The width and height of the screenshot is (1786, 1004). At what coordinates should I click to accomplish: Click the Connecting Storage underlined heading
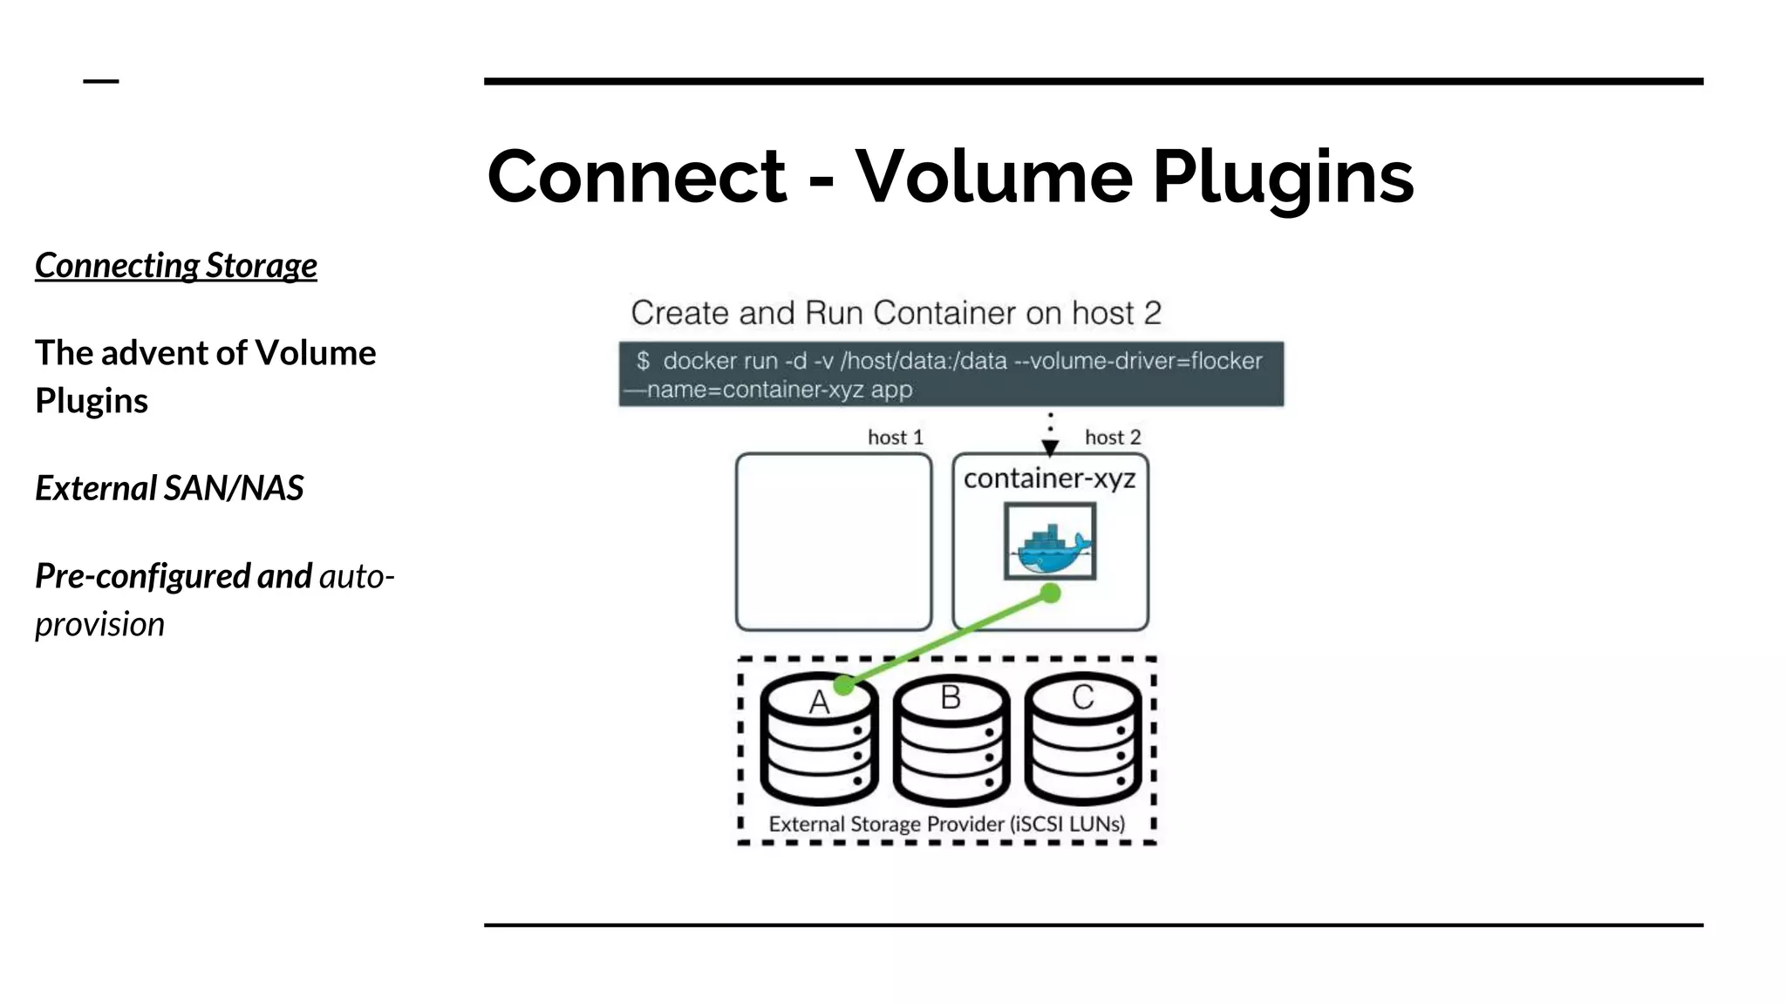(176, 266)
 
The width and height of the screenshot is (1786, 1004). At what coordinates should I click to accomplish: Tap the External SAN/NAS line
(169, 488)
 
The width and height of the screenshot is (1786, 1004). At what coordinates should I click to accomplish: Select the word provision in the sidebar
(99, 625)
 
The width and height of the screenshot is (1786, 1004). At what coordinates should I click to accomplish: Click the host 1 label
(895, 438)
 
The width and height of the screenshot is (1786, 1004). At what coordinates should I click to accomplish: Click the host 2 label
(1112, 438)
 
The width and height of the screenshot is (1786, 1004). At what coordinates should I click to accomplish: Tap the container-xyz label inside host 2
(1049, 478)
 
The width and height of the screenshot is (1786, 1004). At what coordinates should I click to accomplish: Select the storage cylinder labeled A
(818, 741)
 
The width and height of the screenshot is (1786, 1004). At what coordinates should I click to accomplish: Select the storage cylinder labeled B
(951, 741)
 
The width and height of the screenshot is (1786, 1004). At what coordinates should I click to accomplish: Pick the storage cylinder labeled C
(1082, 741)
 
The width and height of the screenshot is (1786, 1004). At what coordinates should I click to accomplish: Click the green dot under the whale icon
(1051, 594)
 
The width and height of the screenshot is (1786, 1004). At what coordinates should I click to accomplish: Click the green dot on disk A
(843, 686)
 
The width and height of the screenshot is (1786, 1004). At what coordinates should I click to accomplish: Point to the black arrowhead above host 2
(1050, 448)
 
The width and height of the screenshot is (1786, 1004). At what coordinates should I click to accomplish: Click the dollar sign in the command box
(643, 361)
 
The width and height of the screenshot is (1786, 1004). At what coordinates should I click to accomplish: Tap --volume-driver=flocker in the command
(1138, 361)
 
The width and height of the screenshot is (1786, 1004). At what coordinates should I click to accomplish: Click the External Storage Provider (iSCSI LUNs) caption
(946, 824)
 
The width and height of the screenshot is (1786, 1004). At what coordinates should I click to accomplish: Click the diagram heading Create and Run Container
(896, 313)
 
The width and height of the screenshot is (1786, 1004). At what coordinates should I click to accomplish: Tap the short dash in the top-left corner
(100, 81)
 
